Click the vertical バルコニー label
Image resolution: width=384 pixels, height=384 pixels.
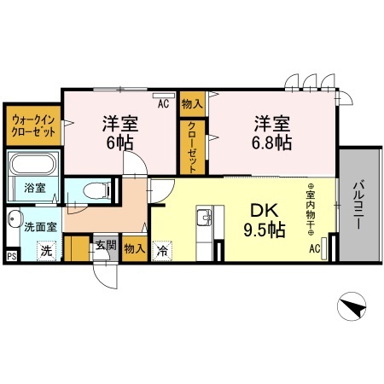358,204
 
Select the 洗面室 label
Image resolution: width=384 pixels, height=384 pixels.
38,228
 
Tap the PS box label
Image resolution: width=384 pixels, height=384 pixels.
10,254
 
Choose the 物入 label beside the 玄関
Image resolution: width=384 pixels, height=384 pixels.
133,249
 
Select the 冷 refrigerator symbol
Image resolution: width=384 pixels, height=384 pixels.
161,251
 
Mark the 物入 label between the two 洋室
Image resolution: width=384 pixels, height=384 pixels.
191,103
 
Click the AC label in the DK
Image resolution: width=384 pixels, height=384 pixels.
314,248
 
